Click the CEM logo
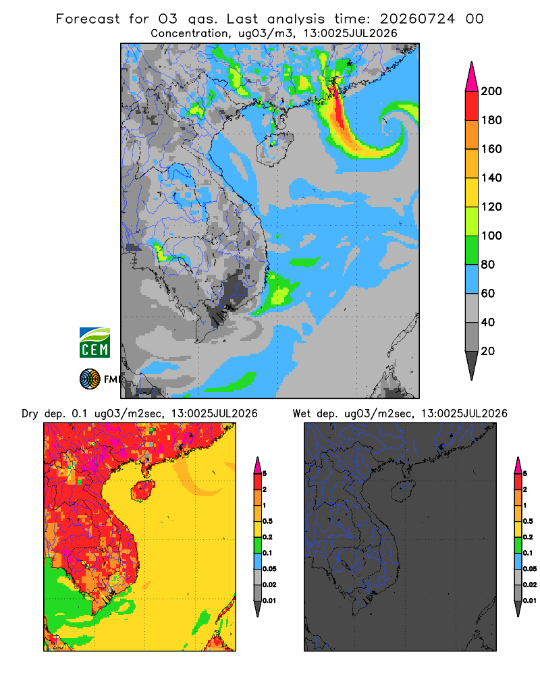tap(94, 343)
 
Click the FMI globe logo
tap(90, 379)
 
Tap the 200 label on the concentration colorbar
tap(491, 91)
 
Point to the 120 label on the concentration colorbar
tap(491, 207)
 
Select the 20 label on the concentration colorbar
tap(488, 351)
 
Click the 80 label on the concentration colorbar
tap(488, 265)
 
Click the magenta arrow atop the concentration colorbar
tap(472, 77)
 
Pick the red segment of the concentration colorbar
tap(472, 106)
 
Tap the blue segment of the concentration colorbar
tap(472, 279)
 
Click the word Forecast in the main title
tap(88, 19)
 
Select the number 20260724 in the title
tap(417, 19)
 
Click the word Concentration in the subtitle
tap(190, 34)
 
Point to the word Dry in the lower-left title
tap(30, 414)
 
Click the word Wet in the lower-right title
tap(301, 414)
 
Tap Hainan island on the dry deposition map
tap(142, 491)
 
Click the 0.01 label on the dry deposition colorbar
tap(269, 601)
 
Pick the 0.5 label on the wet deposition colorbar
tap(527, 521)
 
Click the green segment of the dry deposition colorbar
tap(257, 545)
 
